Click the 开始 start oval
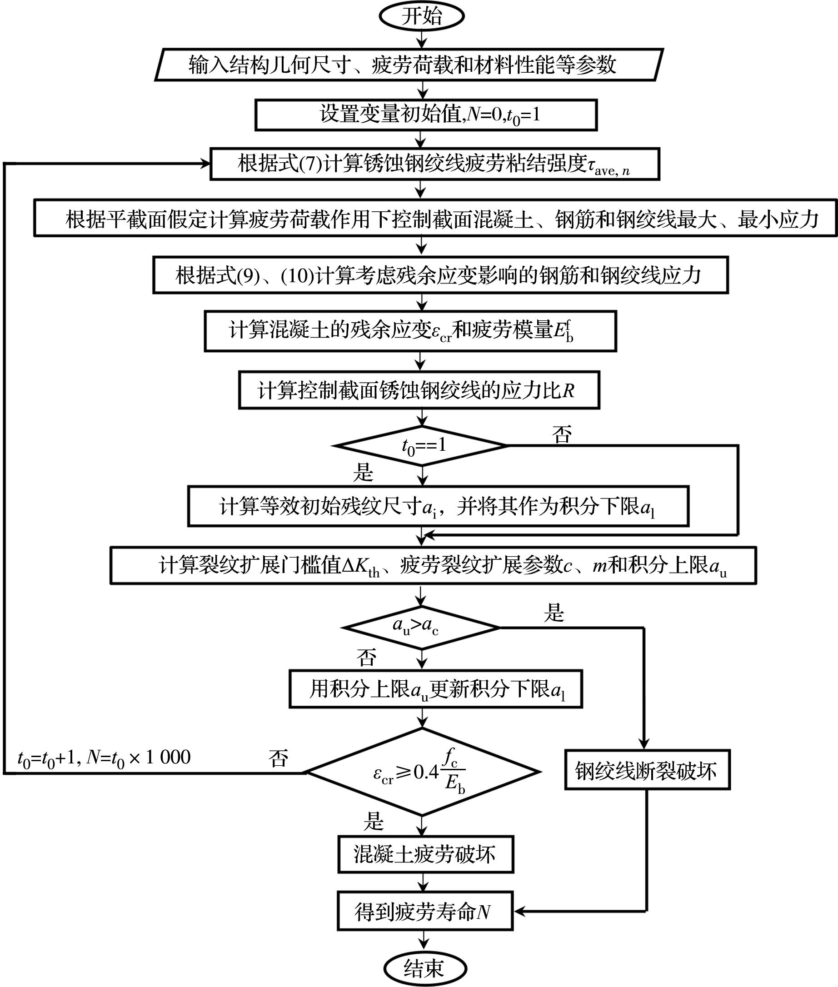point(421,16)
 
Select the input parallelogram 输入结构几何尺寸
point(409,65)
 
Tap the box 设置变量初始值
point(426,115)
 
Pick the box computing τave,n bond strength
point(434,164)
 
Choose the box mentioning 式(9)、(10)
point(440,275)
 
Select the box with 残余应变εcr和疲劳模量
point(410,331)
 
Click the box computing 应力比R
point(419,390)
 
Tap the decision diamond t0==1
point(421,445)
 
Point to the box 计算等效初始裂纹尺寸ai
point(438,506)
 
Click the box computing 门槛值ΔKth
point(433,565)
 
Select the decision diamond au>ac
point(421,628)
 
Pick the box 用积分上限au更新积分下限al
point(436,689)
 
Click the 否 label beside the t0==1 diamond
point(562,434)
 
